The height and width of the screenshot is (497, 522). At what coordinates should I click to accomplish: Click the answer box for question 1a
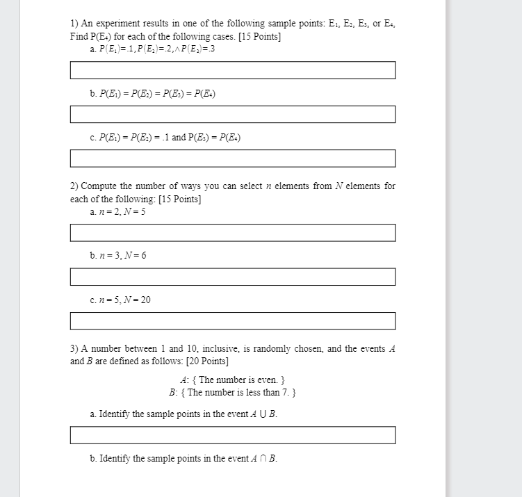click(x=232, y=70)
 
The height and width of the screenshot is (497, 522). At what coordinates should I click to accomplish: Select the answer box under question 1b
click(x=232, y=114)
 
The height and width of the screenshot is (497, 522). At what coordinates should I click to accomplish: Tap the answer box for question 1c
click(x=232, y=158)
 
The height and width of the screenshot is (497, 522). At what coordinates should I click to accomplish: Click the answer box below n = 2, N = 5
click(x=232, y=233)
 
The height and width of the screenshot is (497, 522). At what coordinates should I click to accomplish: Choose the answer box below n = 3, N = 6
click(x=232, y=277)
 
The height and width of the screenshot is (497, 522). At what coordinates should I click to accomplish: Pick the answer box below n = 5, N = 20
click(x=232, y=321)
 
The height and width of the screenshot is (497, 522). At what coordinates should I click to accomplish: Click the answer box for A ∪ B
click(x=232, y=435)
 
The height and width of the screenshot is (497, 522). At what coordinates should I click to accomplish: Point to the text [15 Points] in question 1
click(x=259, y=36)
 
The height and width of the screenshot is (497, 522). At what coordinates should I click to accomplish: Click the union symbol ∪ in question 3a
click(x=261, y=414)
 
